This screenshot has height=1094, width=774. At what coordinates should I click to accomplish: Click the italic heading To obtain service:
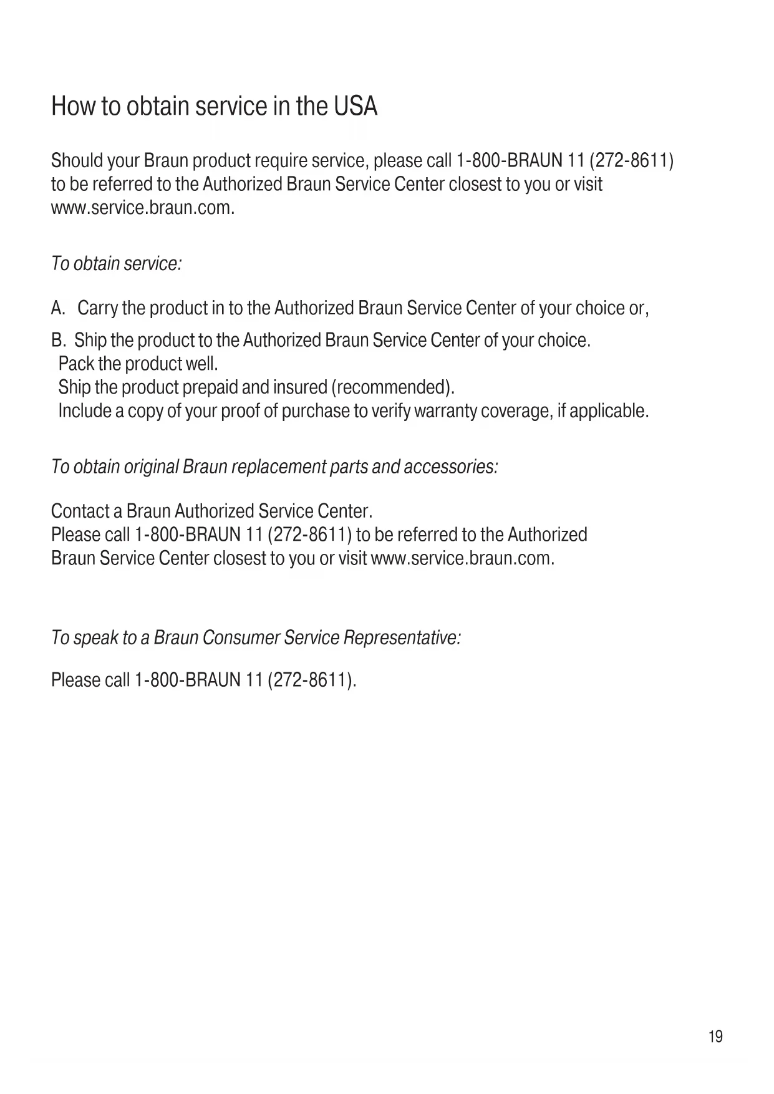click(116, 264)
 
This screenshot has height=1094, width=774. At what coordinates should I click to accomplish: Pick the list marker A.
click(58, 308)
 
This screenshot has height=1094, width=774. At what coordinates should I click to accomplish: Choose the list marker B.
click(58, 341)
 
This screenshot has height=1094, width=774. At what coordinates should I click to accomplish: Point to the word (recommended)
click(393, 388)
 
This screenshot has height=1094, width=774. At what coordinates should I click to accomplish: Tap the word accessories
click(451, 467)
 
